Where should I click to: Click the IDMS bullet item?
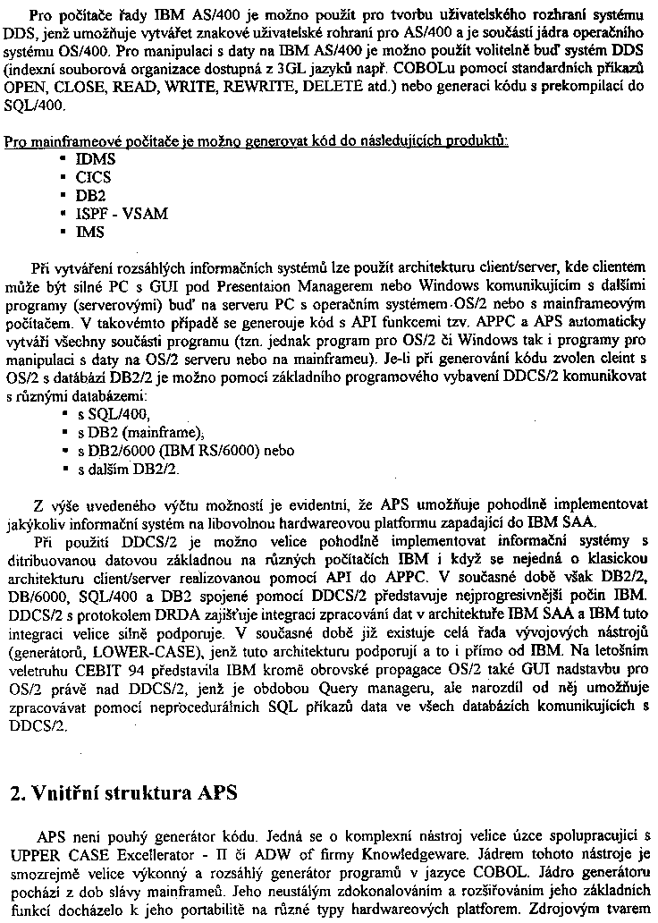pos(96,159)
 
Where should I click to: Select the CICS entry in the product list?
pos(94,177)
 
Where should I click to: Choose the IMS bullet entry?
pos(90,232)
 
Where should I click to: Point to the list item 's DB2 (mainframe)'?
pos(134,432)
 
